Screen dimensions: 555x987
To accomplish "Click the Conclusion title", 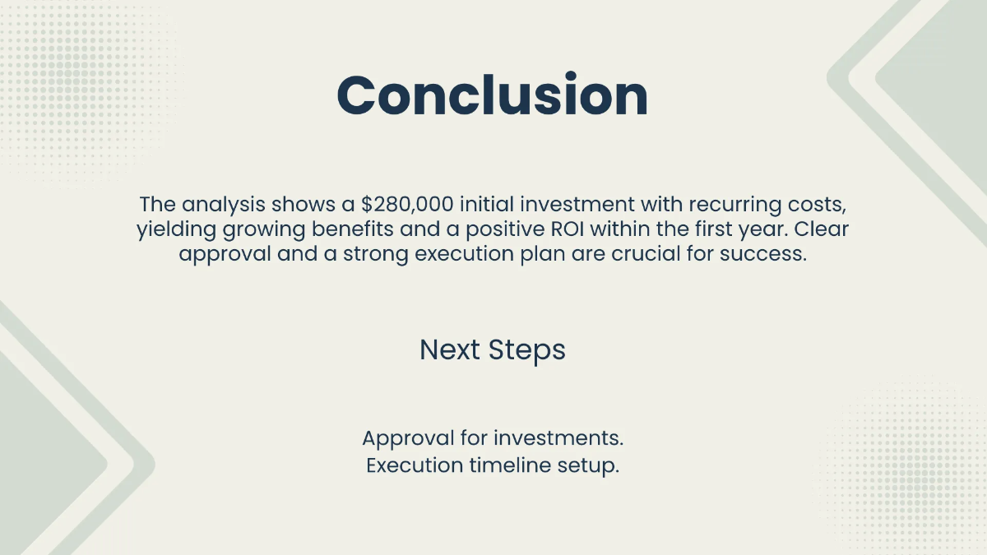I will (x=493, y=95).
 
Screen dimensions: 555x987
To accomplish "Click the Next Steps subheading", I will (x=493, y=349).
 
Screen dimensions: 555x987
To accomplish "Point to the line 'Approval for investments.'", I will (x=493, y=437).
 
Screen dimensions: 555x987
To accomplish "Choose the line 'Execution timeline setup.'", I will (x=493, y=465).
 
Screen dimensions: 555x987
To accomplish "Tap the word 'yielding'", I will (x=175, y=229).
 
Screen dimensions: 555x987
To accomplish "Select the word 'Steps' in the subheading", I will (x=526, y=350).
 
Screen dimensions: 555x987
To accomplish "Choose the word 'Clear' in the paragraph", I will (x=822, y=229).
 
